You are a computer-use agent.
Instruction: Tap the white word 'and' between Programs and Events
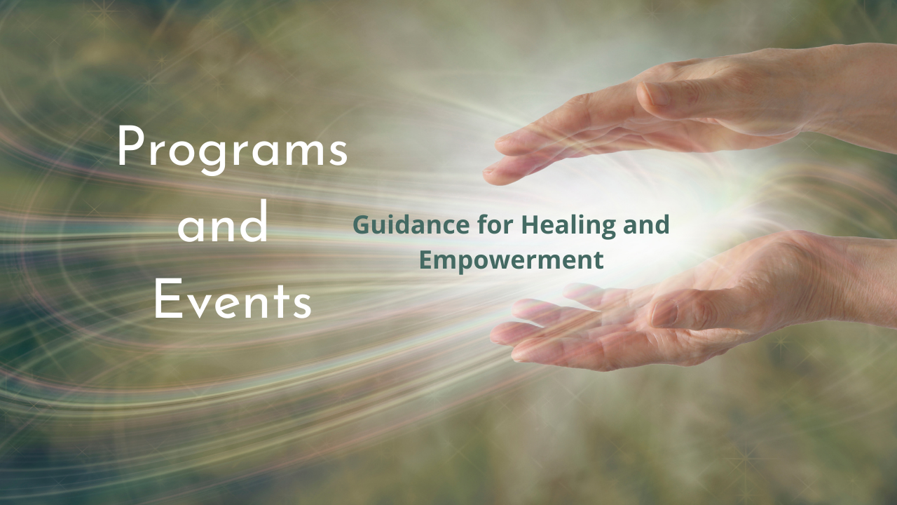coord(223,222)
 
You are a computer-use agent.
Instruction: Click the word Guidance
coord(411,225)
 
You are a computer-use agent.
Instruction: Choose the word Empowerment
coord(512,260)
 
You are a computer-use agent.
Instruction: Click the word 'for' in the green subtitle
coord(495,224)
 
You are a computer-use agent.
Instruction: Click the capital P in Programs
coord(131,147)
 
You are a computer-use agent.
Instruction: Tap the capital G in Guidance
coord(362,225)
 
